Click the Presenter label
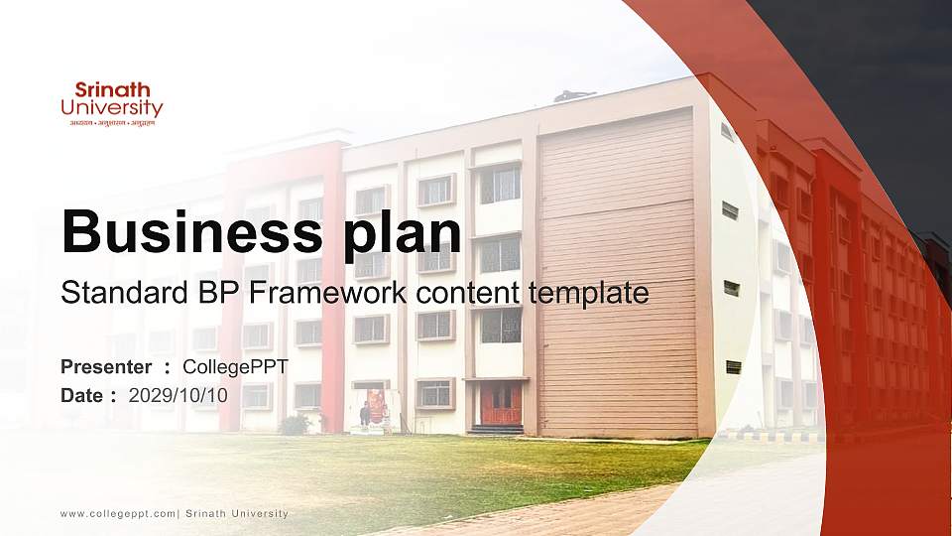(106, 367)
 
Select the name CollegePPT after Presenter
(235, 367)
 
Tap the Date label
(83, 395)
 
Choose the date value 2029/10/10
(178, 395)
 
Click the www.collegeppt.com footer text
(118, 513)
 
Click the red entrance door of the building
(500, 404)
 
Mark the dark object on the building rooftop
(575, 96)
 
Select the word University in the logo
(112, 107)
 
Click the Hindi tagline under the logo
(112, 122)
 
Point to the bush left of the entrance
(294, 425)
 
